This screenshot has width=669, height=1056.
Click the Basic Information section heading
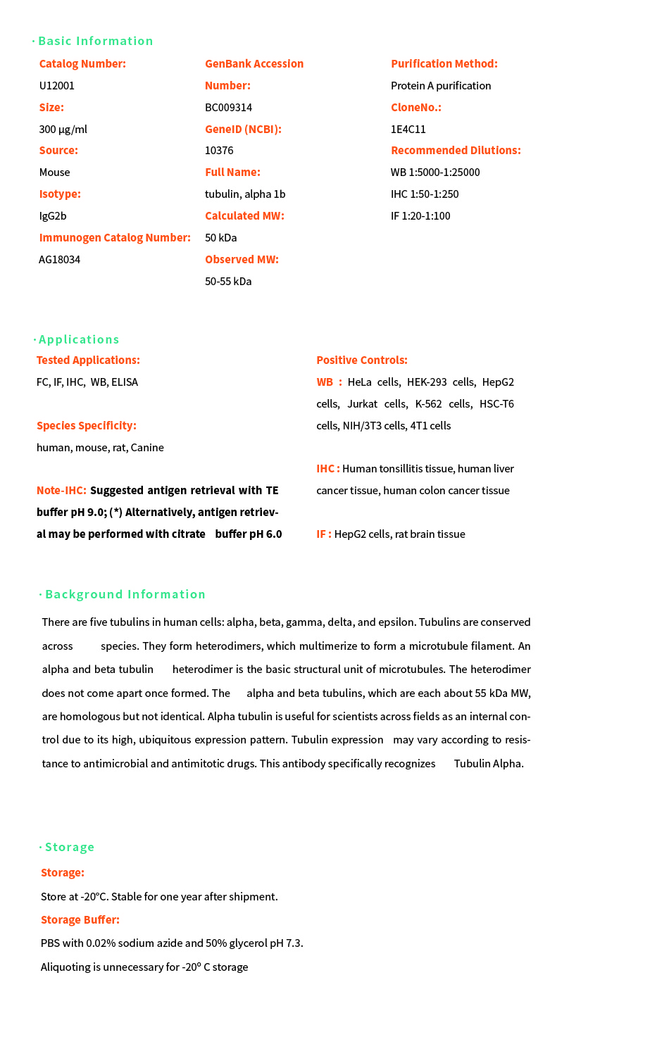pos(95,41)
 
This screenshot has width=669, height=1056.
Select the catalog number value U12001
pos(57,86)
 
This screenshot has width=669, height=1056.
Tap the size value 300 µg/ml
pos(63,130)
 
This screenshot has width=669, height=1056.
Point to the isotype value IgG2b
pos(53,216)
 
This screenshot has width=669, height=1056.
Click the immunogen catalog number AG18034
pos(60,260)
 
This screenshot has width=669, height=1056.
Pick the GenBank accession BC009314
pos(228,108)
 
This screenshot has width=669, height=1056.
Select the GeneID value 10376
pos(219,151)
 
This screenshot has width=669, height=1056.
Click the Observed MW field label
pos(242,260)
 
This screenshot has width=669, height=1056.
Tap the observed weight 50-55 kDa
pos(228,282)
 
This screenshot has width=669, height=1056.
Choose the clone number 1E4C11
pos(408,130)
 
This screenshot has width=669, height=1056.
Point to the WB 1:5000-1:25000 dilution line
pos(435,172)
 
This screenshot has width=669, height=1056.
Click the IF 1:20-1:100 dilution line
pos(420,216)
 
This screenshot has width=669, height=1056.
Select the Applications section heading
pos(79,339)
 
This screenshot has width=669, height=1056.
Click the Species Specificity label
pos(87,426)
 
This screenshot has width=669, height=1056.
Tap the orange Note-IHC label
pos(61,491)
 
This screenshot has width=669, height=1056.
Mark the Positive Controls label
pos(362,360)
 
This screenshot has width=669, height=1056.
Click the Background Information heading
pos(125,594)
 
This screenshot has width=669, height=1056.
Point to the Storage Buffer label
pos(80,920)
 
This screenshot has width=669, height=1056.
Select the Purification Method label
pos(444,64)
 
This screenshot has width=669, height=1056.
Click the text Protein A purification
pos(441,86)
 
